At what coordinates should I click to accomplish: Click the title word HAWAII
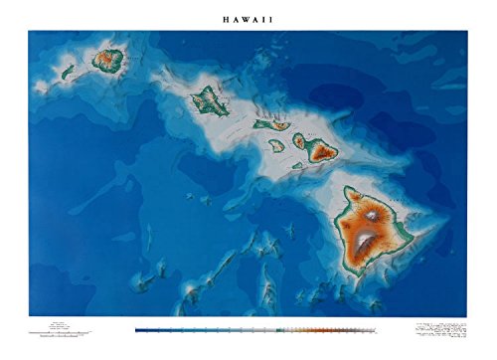[248, 17]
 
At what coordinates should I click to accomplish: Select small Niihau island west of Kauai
[69, 72]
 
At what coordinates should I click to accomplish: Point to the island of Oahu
[209, 99]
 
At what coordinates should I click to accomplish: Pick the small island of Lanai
[276, 145]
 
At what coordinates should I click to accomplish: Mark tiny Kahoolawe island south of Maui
[298, 165]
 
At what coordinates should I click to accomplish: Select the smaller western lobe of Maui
[300, 142]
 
